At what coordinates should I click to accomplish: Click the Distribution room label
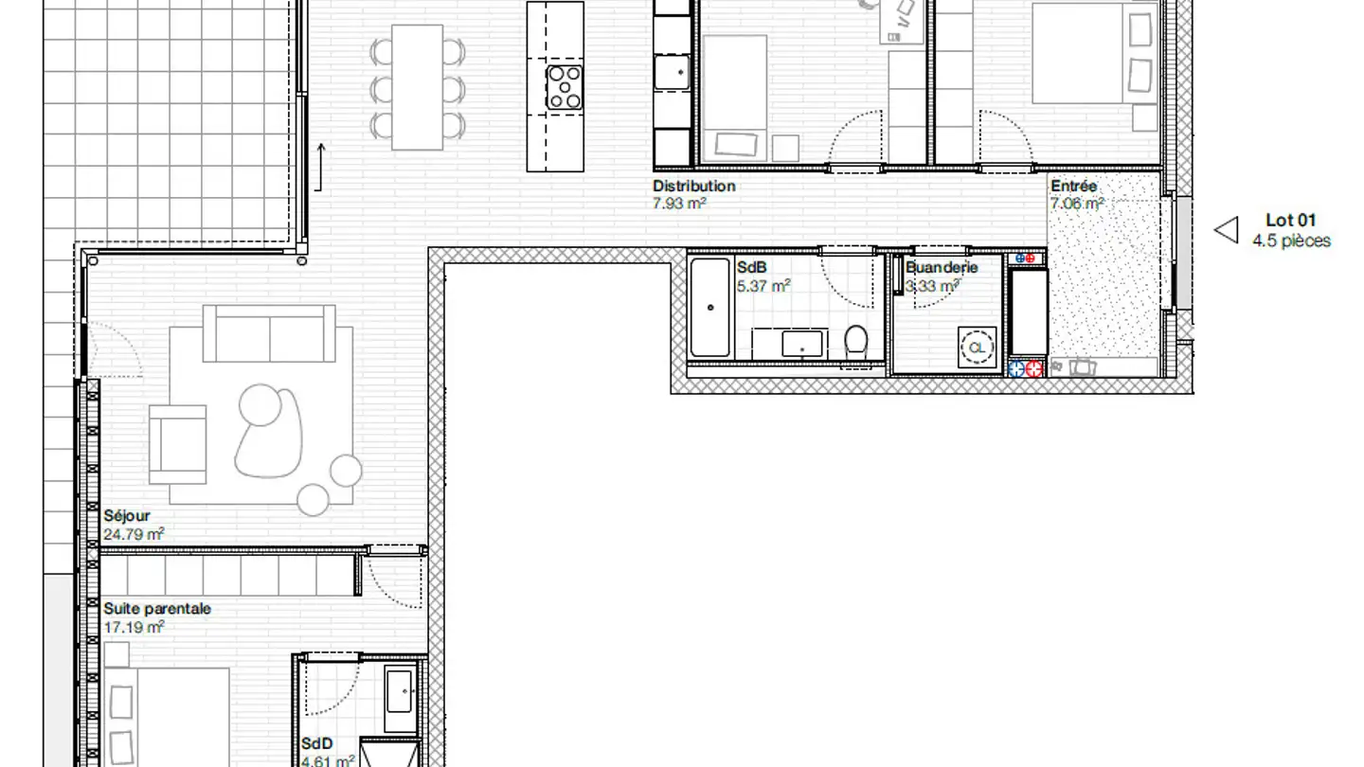click(x=693, y=187)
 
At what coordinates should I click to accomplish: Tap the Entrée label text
click(x=1073, y=187)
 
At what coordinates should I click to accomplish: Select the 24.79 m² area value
click(x=133, y=534)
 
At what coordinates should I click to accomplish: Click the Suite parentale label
click(x=157, y=609)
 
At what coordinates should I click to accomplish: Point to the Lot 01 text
click(x=1290, y=221)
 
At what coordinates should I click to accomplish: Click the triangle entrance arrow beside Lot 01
click(x=1228, y=230)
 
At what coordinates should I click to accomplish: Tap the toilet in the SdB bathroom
click(x=856, y=341)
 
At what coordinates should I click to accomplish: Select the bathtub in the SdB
click(x=710, y=307)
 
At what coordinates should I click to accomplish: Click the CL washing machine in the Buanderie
click(x=977, y=348)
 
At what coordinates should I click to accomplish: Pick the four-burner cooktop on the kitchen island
click(x=565, y=86)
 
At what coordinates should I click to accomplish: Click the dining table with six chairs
click(x=418, y=86)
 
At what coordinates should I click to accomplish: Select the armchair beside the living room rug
click(x=178, y=444)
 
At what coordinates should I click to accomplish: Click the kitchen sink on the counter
click(x=673, y=71)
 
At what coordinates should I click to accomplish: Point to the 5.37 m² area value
click(x=763, y=285)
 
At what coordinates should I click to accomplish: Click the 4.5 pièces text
click(x=1291, y=241)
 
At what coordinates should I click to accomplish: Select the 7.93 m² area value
click(x=680, y=203)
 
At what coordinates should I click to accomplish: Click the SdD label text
click(x=316, y=744)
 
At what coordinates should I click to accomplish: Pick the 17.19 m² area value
click(x=134, y=626)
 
